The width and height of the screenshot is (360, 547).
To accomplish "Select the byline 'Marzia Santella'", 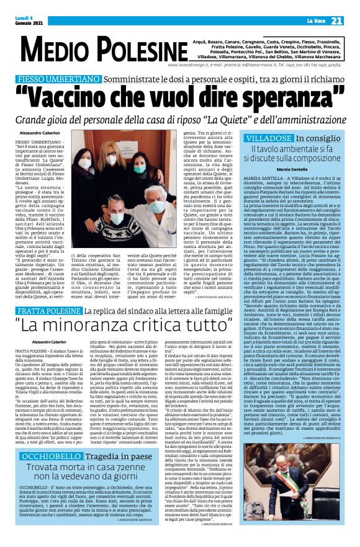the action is tap(304, 169).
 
